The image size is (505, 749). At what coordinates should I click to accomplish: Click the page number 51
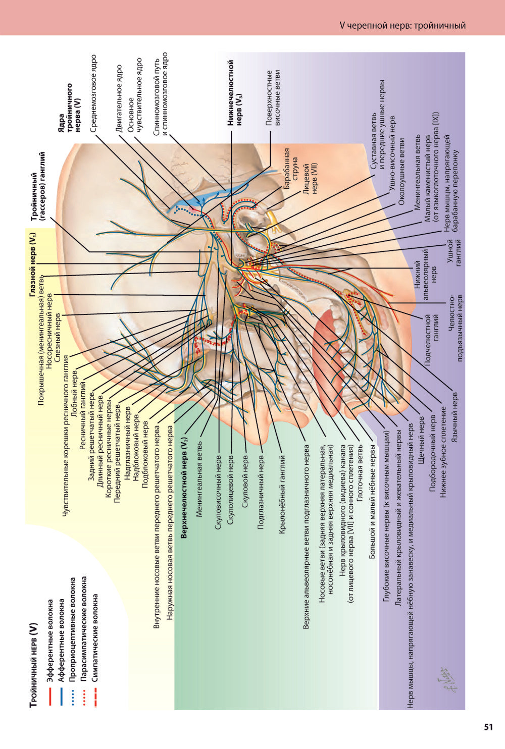(488, 727)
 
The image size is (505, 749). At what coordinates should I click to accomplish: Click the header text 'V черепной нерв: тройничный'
(402, 25)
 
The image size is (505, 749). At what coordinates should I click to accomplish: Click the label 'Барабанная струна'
(291, 169)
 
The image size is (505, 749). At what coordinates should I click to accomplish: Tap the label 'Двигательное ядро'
(119, 98)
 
